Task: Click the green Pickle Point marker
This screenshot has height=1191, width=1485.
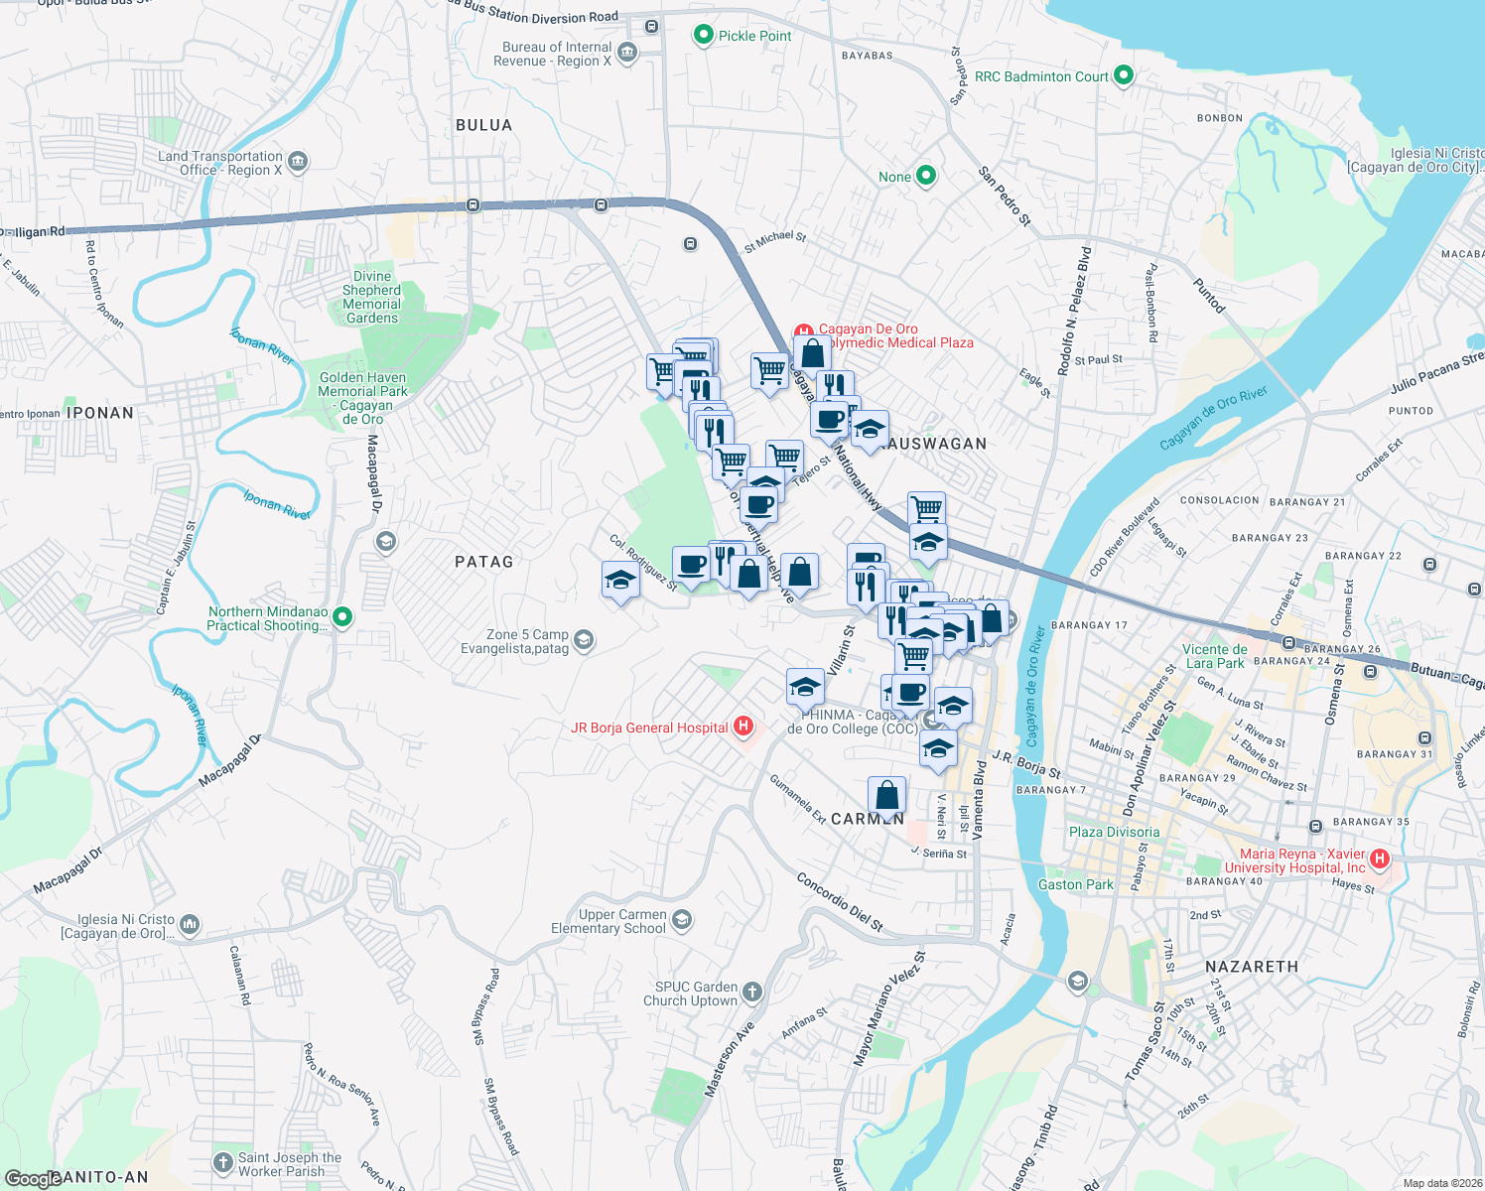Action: point(703,36)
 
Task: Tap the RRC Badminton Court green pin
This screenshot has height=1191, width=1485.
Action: point(1124,75)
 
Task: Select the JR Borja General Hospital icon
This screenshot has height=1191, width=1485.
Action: point(742,728)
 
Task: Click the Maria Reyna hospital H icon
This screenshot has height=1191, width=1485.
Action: point(1379,859)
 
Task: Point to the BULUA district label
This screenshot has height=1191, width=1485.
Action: point(484,125)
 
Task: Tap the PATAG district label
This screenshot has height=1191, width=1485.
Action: point(484,562)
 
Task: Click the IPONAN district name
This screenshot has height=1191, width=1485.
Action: point(99,413)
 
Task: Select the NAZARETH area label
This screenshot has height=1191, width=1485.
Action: point(1251,967)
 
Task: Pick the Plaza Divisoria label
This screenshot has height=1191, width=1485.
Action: point(1114,832)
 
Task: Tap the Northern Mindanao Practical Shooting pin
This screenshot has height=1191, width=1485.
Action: point(342,617)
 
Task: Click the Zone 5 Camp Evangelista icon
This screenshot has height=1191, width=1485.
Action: point(585,640)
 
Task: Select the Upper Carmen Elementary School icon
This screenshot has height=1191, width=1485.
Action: point(681,920)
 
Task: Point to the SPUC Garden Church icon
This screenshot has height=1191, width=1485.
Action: point(752,992)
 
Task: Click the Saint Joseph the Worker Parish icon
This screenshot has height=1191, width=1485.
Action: point(223,1162)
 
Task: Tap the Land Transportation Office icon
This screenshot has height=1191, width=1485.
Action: point(298,162)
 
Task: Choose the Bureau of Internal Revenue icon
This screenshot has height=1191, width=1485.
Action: point(626,53)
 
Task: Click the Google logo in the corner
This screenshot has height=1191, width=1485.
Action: point(32,1179)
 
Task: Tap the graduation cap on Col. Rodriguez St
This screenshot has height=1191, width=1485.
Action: point(619,580)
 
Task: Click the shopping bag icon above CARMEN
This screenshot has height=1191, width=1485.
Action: point(886,795)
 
